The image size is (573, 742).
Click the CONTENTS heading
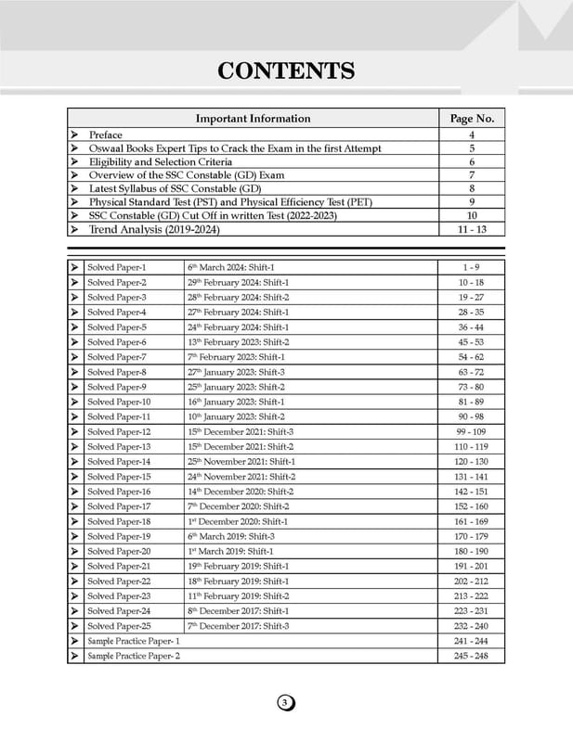coord(286,71)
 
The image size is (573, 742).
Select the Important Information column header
coord(253,119)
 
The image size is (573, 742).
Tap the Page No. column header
coord(472,119)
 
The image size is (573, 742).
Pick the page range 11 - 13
coord(472,228)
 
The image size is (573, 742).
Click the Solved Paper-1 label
coord(117,267)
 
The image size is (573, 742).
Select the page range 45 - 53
coord(472,342)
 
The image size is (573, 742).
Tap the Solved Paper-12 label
coord(119,432)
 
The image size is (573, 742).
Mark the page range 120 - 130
coord(472,461)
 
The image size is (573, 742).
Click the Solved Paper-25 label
coord(119,626)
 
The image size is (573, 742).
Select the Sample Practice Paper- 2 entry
coord(134,656)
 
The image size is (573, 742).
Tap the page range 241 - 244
coord(472,641)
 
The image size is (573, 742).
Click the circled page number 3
coord(286,703)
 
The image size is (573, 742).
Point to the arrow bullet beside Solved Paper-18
coord(73,521)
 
